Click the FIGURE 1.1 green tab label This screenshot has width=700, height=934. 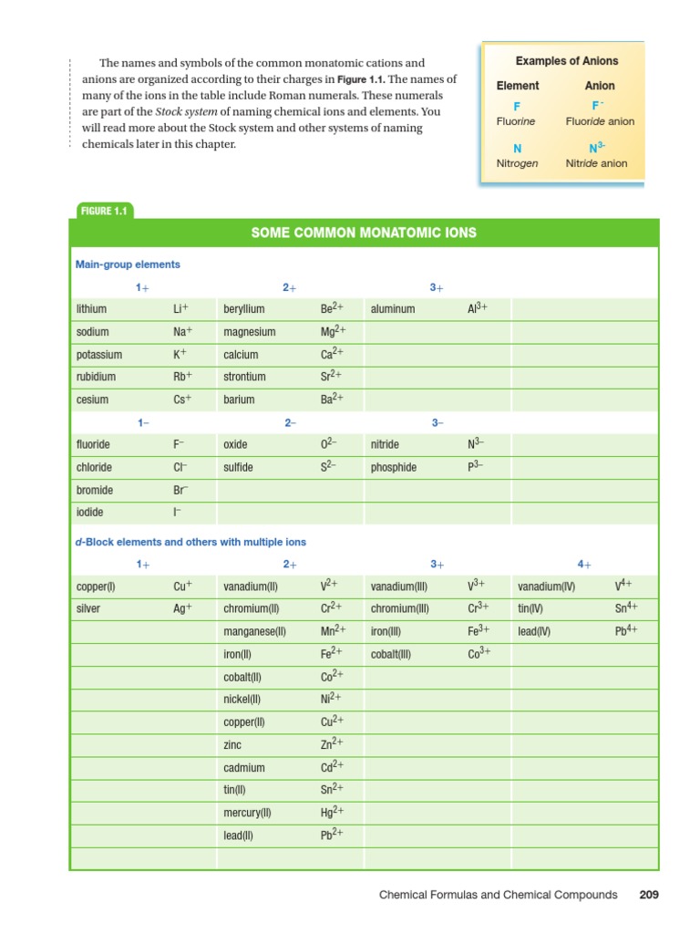point(103,211)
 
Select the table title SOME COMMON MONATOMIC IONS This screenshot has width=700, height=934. point(364,233)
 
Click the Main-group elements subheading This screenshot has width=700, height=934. point(128,265)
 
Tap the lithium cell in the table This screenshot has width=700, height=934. point(92,309)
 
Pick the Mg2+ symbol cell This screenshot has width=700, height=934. point(331,332)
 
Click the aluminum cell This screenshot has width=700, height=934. point(393,309)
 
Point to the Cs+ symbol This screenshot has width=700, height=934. point(180,400)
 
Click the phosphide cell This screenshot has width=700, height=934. point(394,467)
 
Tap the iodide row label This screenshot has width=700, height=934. point(91,513)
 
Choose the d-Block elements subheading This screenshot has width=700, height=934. point(190,542)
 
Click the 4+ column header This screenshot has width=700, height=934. point(584,565)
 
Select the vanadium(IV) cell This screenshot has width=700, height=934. point(547,586)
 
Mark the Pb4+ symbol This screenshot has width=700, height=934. point(625,630)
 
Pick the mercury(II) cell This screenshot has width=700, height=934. point(247,812)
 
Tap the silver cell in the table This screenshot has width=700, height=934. point(89,608)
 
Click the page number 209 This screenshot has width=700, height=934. point(648,895)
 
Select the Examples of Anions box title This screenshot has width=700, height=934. point(566,61)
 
